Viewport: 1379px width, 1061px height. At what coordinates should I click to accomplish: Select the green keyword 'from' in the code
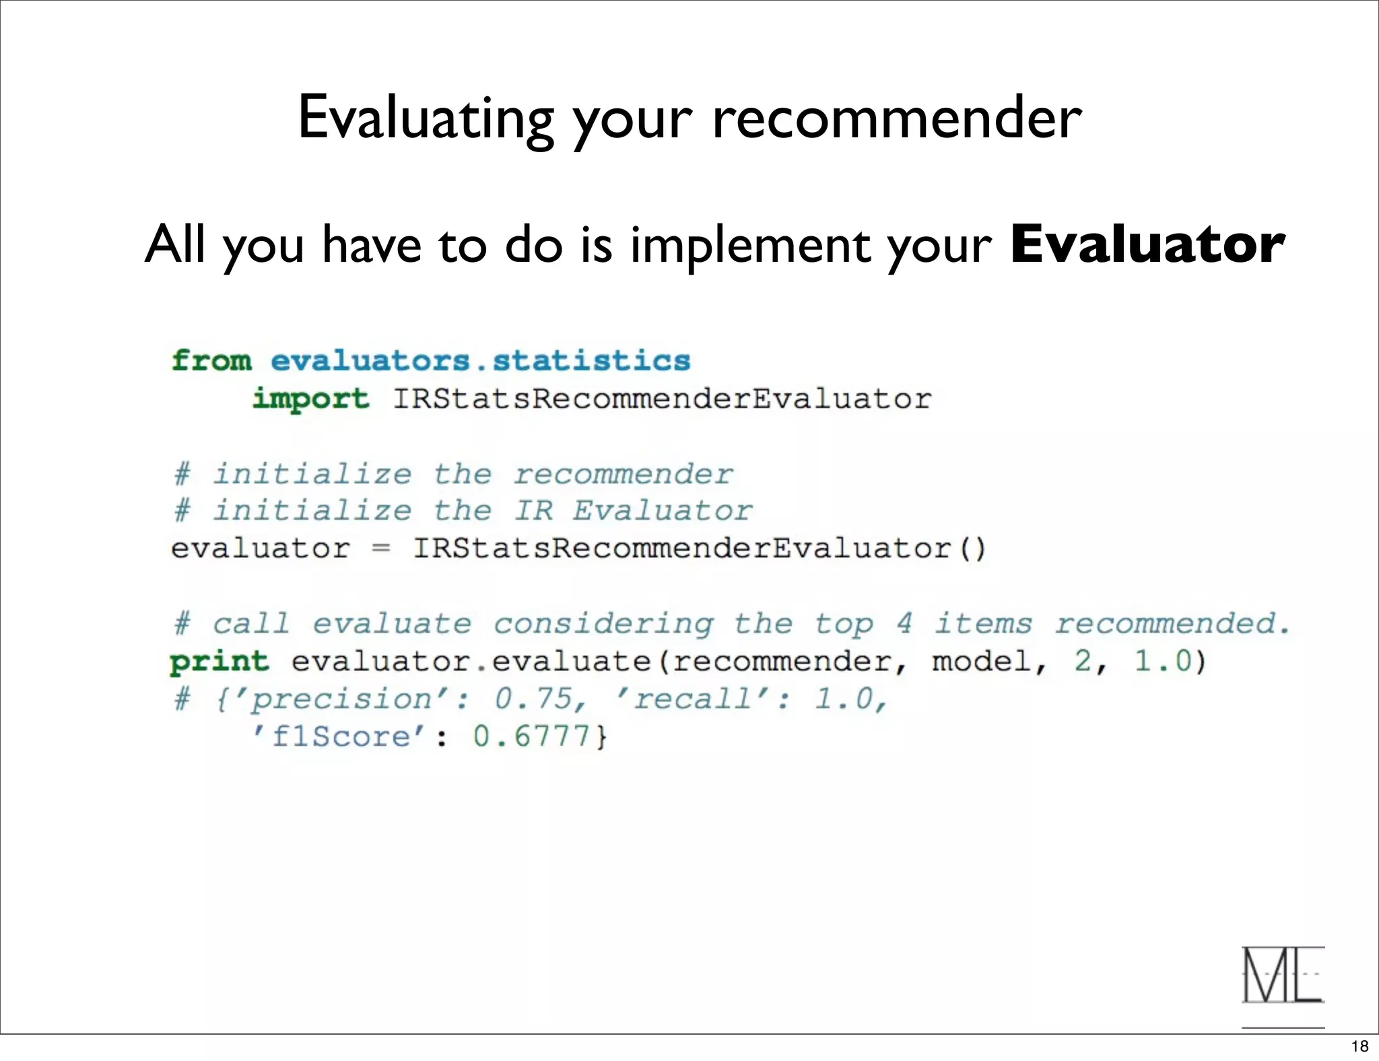[x=211, y=361]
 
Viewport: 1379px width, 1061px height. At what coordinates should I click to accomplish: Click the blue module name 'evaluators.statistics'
[x=480, y=361]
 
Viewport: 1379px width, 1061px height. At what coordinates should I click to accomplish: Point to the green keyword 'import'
[x=310, y=399]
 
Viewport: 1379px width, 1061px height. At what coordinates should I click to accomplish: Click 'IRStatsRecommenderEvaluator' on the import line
[x=662, y=399]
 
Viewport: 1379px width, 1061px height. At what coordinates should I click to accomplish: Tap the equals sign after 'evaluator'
[x=381, y=548]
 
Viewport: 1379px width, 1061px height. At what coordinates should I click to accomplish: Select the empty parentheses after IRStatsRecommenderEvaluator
[x=972, y=548]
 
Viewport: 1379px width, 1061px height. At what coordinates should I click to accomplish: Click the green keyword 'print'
[x=219, y=662]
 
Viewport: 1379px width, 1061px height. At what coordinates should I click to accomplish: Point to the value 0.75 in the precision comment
[x=535, y=699]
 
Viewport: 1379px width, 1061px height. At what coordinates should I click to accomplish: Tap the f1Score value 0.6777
[x=532, y=737]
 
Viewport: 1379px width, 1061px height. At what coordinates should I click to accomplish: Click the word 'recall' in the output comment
[x=693, y=699]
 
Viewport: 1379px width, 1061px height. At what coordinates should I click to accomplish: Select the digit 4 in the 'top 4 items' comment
[x=904, y=623]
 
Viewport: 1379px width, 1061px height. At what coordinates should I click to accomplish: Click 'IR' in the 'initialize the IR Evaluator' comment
[x=534, y=511]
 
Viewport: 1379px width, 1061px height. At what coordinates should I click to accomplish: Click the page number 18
[x=1359, y=1046]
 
